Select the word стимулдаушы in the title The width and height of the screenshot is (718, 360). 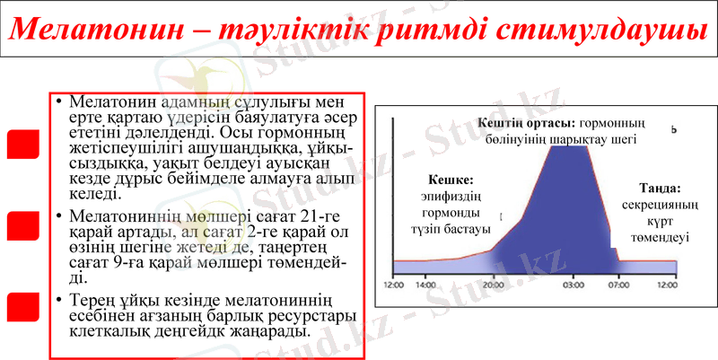point(609,31)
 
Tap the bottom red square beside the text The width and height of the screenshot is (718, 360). point(22,306)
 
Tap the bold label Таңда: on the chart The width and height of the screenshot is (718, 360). point(661,189)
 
